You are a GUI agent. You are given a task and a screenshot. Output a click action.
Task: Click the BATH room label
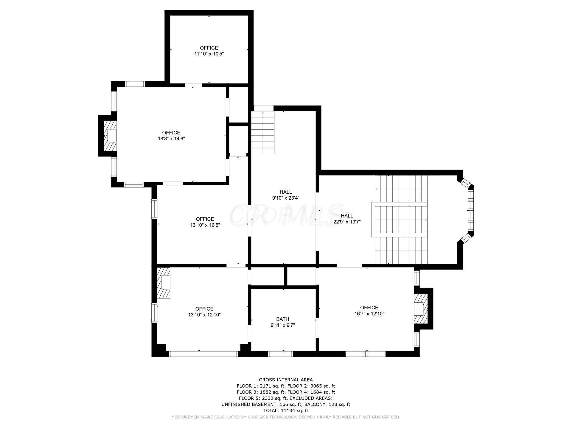click(x=282, y=319)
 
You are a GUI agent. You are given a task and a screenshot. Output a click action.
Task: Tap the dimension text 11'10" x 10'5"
click(x=209, y=54)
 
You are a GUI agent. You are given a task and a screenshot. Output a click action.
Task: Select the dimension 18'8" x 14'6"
click(x=171, y=139)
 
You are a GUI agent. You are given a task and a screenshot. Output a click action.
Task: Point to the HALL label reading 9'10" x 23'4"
click(x=286, y=198)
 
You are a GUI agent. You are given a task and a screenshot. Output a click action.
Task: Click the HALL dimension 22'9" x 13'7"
click(x=347, y=222)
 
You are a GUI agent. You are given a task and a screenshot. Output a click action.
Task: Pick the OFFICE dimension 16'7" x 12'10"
click(x=369, y=313)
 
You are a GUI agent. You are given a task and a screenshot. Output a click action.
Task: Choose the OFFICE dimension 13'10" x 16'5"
click(x=205, y=225)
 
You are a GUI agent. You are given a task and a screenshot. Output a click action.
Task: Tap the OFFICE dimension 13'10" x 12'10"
click(x=204, y=315)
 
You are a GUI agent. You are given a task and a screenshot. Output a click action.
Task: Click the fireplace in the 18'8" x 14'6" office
click(x=110, y=136)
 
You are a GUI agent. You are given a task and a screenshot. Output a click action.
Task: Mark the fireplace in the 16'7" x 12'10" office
click(x=421, y=309)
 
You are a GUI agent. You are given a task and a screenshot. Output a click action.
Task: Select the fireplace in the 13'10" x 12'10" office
click(x=164, y=282)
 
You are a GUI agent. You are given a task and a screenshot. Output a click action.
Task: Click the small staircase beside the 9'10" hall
click(x=262, y=133)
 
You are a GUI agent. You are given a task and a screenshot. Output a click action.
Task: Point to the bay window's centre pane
click(x=470, y=210)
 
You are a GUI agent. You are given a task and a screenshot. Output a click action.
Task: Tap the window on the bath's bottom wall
click(x=281, y=354)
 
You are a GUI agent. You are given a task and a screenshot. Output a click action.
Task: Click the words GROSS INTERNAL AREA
click(x=286, y=380)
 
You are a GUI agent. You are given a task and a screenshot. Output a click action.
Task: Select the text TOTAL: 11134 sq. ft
click(x=286, y=411)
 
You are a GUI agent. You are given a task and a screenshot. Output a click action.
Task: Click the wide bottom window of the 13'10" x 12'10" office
click(x=204, y=354)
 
